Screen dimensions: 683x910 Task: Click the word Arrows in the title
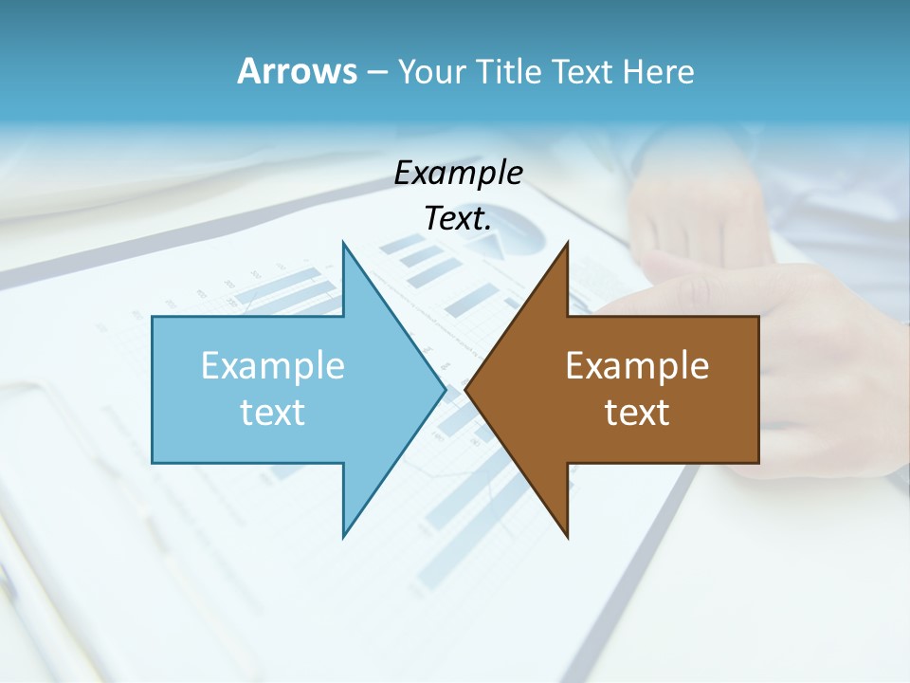(x=297, y=71)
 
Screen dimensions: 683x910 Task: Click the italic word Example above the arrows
(x=459, y=174)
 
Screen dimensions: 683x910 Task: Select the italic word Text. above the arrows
(x=459, y=219)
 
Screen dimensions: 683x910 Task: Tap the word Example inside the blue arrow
(x=273, y=365)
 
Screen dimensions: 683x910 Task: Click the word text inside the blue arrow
(x=273, y=413)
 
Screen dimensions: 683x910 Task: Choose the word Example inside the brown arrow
(x=637, y=365)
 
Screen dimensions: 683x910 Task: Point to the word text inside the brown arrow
(x=637, y=413)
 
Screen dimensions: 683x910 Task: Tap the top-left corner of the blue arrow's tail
(x=154, y=318)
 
